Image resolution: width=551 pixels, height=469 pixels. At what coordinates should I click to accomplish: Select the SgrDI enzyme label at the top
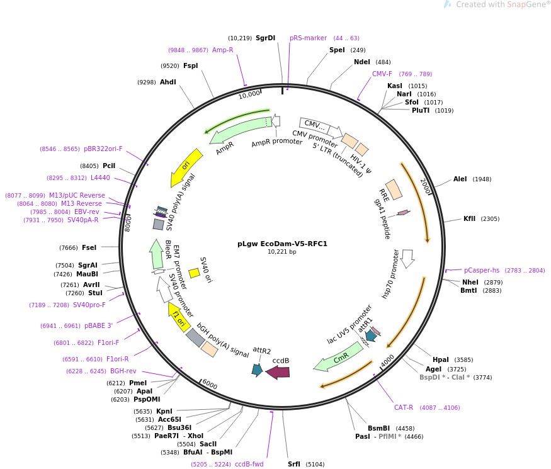click(x=265, y=38)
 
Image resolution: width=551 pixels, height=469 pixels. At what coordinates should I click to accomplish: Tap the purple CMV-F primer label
click(x=382, y=74)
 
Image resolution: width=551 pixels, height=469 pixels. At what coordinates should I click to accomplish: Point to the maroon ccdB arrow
click(x=278, y=372)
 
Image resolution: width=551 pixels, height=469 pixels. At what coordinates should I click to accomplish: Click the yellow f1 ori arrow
click(x=178, y=317)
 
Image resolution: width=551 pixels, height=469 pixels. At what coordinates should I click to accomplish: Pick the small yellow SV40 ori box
click(x=195, y=273)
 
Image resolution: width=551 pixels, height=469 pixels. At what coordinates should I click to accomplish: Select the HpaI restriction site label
click(x=440, y=359)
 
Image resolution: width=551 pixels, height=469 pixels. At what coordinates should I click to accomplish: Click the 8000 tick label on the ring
click(x=128, y=223)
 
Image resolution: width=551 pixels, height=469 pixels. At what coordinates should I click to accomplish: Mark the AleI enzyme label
click(x=460, y=179)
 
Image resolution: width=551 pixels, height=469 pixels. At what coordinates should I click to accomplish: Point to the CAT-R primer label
click(x=404, y=407)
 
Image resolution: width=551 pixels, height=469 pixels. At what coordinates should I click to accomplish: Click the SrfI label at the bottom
click(x=294, y=464)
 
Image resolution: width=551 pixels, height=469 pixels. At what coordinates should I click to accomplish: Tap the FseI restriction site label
click(x=89, y=247)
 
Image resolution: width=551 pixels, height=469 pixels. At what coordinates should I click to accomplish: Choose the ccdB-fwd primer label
click(x=249, y=464)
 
